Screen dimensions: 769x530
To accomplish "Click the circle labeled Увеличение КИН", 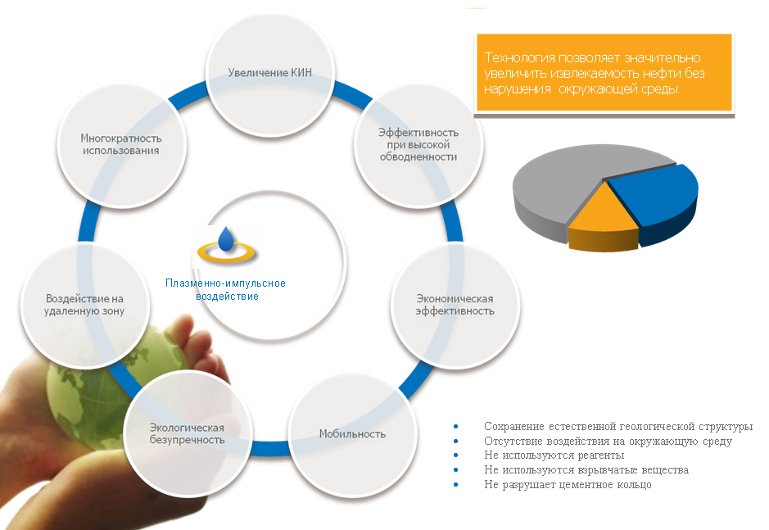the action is point(270,73).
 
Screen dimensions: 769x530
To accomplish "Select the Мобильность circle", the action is point(352,434).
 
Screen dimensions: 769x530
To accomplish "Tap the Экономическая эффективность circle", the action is point(455,305).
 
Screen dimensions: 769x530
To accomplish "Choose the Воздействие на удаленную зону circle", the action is point(84,305).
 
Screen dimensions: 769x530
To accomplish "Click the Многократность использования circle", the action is point(121,144).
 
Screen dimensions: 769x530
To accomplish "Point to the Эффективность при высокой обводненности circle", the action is point(418,144).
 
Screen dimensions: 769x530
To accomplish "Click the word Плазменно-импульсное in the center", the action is point(225,283).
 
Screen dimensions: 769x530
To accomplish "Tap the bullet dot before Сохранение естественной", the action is point(456,427).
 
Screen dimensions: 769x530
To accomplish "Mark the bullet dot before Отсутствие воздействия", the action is point(456,442).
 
